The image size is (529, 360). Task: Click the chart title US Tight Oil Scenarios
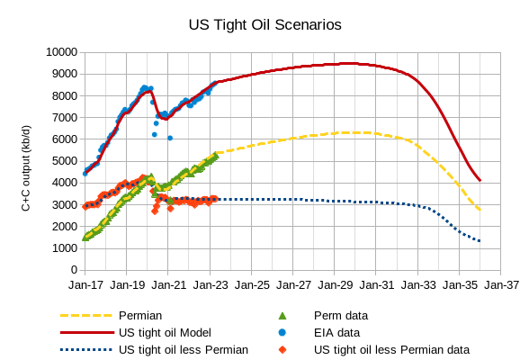click(x=264, y=24)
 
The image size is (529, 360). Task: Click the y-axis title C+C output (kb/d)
click(x=26, y=160)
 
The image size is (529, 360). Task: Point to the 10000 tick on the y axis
click(x=61, y=52)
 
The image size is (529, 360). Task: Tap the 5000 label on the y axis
click(x=65, y=161)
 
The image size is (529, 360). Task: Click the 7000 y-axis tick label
click(x=65, y=118)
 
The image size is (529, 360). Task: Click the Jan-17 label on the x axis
click(x=85, y=285)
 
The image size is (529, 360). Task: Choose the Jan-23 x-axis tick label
click(x=210, y=285)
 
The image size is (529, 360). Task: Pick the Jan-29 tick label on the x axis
click(x=335, y=285)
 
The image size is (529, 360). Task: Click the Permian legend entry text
click(x=140, y=316)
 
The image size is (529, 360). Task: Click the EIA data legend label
click(x=336, y=332)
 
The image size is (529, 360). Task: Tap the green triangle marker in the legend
click(x=282, y=316)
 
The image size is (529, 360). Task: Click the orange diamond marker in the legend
click(x=282, y=349)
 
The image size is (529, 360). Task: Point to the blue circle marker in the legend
click(x=282, y=332)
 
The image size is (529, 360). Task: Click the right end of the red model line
click(x=480, y=180)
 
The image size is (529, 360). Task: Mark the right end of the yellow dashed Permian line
click(x=480, y=210)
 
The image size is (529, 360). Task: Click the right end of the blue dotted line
click(x=480, y=241)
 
